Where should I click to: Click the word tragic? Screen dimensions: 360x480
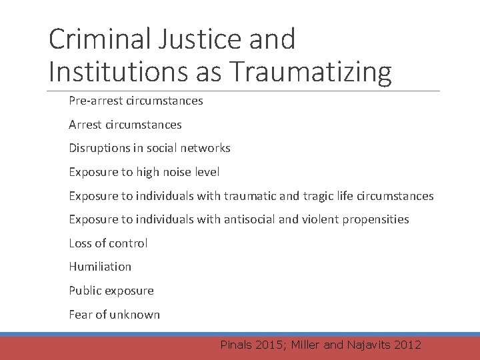click(x=317, y=196)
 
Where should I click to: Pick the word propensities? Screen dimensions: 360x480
click(x=375, y=219)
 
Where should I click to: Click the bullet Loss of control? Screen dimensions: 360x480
click(x=108, y=243)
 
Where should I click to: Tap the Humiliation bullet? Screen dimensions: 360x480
click(x=100, y=267)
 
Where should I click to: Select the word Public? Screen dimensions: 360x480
click(x=84, y=291)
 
